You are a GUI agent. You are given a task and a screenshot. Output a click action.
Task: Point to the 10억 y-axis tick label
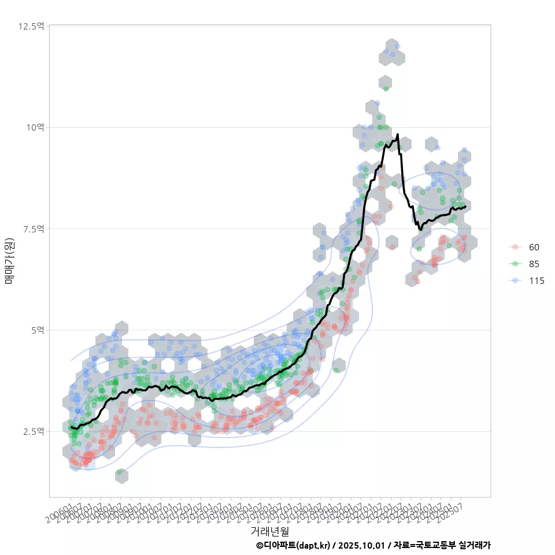[35, 127]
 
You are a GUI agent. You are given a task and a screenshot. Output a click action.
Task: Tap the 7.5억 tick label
[33, 229]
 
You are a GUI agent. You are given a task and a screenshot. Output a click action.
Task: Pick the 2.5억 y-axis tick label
[33, 431]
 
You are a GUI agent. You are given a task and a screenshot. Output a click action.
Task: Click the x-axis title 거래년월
[269, 531]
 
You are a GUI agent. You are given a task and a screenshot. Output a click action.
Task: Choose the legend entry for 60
[534, 247]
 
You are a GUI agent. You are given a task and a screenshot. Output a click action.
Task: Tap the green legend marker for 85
[515, 264]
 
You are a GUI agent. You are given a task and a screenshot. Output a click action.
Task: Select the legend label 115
[536, 280]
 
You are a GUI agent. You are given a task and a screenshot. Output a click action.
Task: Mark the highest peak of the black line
[397, 135]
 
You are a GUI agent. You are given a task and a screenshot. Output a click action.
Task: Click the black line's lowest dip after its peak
[421, 230]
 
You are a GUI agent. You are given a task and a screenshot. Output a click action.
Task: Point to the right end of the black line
[465, 206]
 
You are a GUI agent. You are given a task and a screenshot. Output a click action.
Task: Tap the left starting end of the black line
[71, 427]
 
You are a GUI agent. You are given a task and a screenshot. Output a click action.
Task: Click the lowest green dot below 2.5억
[120, 473]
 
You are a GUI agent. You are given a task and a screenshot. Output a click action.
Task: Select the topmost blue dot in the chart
[397, 46]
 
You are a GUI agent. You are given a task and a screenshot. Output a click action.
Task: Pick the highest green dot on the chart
[386, 88]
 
